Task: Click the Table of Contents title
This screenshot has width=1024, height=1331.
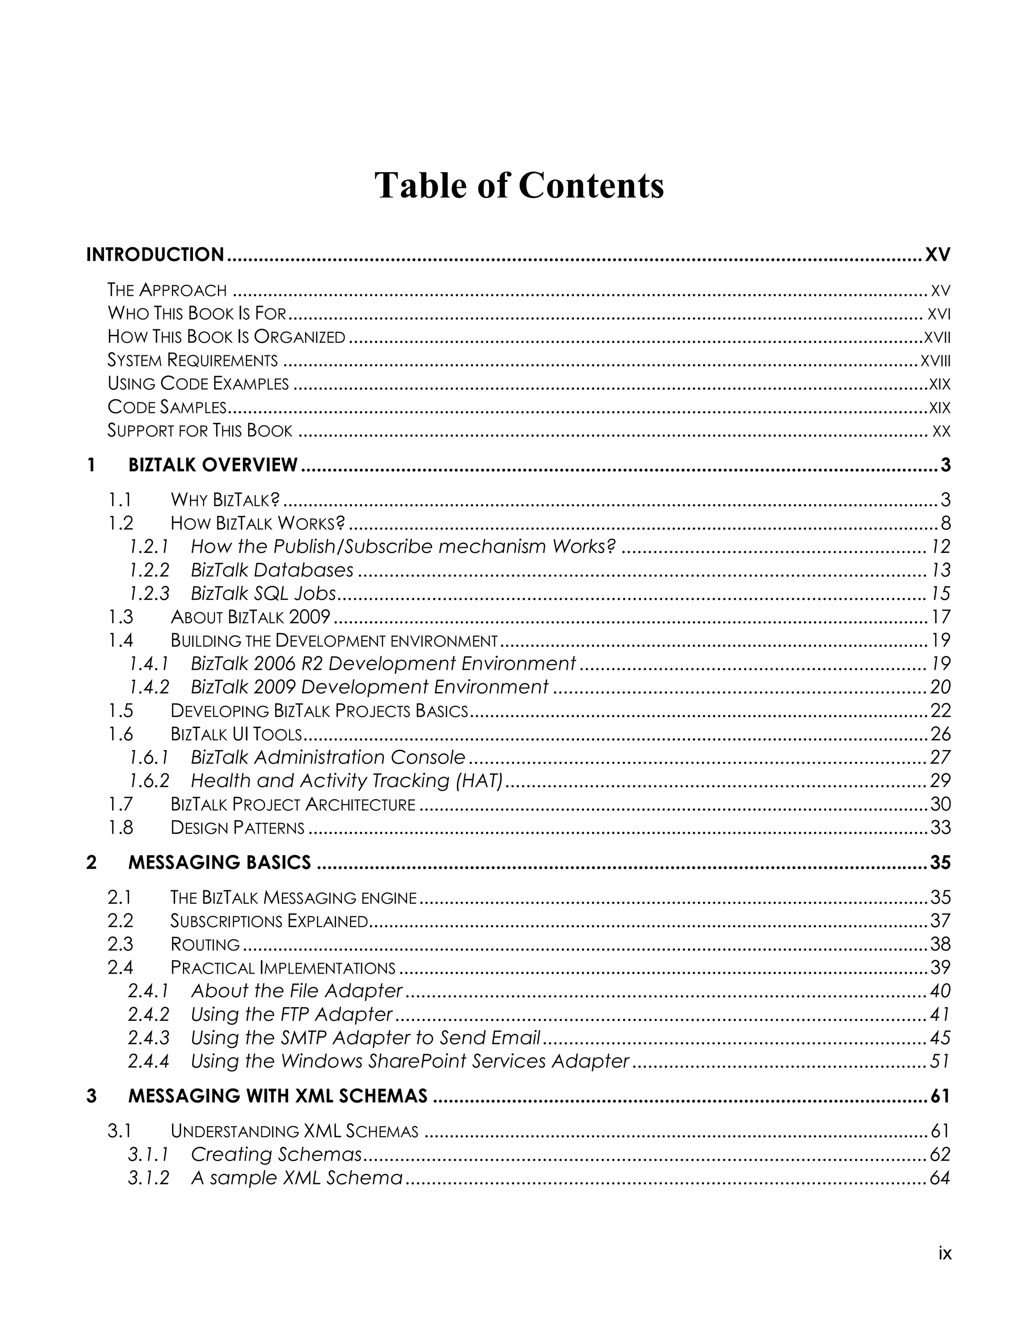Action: coord(518,185)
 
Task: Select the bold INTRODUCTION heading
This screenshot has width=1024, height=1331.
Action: coord(155,254)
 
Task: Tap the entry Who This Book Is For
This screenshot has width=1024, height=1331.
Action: coord(197,313)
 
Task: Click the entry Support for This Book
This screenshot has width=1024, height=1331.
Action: coord(200,431)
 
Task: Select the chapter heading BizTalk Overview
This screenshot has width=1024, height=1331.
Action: coord(212,465)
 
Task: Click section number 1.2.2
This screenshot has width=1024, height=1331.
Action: coord(149,570)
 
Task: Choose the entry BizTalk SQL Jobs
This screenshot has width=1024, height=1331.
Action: coord(263,593)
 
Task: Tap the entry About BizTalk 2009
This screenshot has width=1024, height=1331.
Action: coord(250,617)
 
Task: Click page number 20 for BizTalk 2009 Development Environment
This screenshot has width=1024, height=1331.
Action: coord(940,687)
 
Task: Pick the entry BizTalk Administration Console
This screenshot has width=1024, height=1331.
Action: coord(328,757)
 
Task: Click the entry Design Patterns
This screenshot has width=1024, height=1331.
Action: coord(237,828)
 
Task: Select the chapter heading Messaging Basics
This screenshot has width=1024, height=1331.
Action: coord(219,863)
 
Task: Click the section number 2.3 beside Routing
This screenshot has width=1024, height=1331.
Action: coord(120,944)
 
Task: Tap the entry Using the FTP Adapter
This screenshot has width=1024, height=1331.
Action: coord(292,1014)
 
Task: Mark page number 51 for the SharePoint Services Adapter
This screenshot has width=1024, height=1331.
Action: coord(940,1061)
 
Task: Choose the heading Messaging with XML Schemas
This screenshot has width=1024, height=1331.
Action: coord(278,1096)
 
